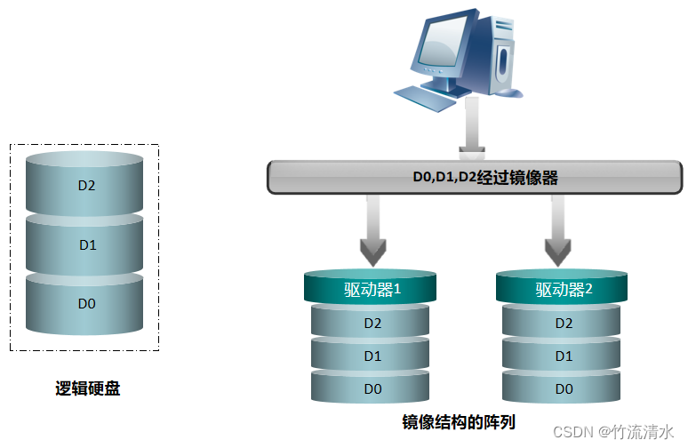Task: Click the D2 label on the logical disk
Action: [x=86, y=187]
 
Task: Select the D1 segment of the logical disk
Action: [x=86, y=245]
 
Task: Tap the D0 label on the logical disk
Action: [x=86, y=303]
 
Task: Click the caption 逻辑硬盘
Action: [x=88, y=388]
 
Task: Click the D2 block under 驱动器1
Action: [x=372, y=324]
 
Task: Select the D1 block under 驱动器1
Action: [x=372, y=356]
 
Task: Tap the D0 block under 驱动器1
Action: [x=372, y=389]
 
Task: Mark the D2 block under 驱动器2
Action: [x=563, y=324]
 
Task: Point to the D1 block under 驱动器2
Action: [x=563, y=356]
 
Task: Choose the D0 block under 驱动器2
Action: [x=563, y=389]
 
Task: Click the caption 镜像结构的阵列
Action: [x=459, y=421]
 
